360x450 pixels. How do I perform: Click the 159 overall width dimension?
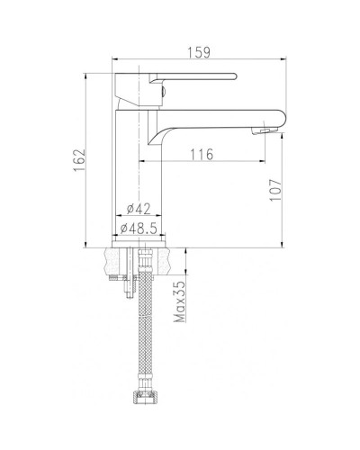click(x=199, y=52)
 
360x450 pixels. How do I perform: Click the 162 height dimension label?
click(x=79, y=160)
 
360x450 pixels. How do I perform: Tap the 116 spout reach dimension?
click(x=202, y=155)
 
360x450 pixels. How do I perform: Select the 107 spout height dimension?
click(x=275, y=190)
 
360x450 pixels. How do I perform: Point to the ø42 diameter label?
click(x=139, y=209)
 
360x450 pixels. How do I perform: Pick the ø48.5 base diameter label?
click(x=139, y=229)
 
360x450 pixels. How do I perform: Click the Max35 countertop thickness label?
click(x=181, y=301)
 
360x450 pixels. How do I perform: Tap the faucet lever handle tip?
click(x=235, y=76)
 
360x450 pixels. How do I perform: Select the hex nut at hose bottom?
click(x=145, y=397)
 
